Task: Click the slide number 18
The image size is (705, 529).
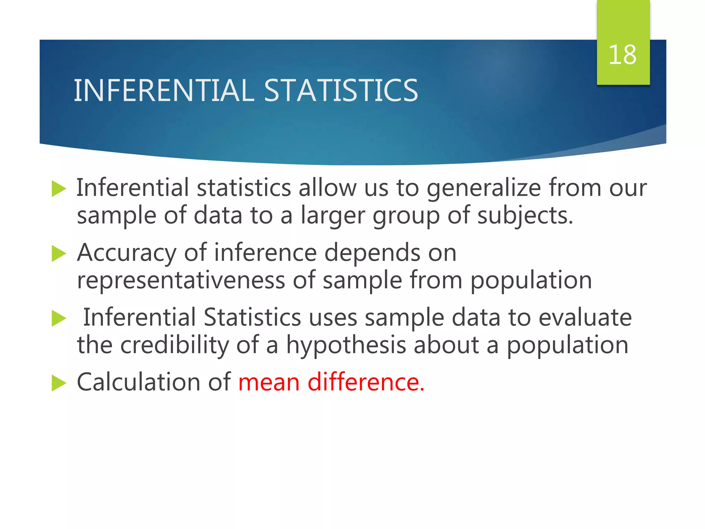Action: (x=622, y=55)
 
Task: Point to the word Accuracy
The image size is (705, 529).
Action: (x=126, y=253)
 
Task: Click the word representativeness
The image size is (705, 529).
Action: (x=181, y=280)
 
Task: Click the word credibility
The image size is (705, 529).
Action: (x=175, y=345)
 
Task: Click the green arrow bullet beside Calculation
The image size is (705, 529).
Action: (x=59, y=383)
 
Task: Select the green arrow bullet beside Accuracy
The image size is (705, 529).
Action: (x=59, y=254)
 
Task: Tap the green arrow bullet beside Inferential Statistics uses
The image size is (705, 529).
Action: (x=59, y=318)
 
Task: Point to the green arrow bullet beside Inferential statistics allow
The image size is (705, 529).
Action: (x=59, y=189)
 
